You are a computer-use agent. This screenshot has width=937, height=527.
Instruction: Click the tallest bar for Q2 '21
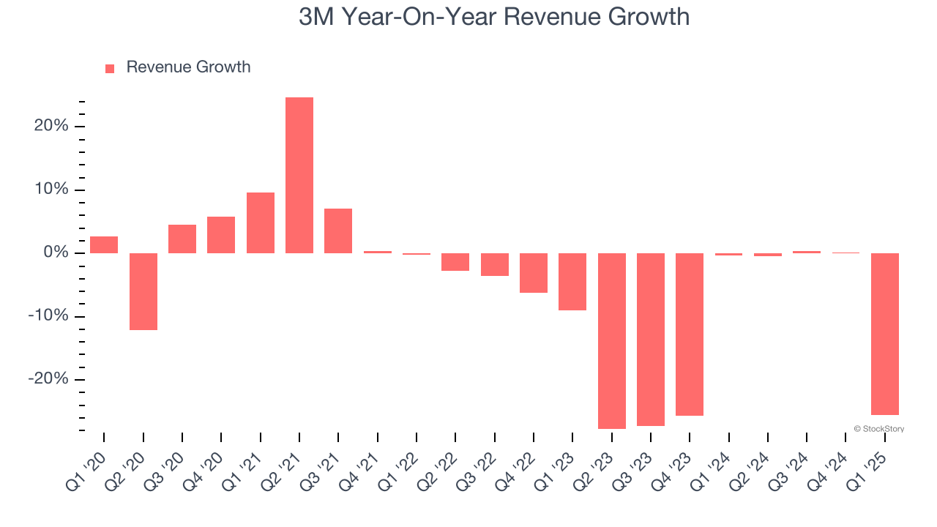pyautogui.click(x=299, y=176)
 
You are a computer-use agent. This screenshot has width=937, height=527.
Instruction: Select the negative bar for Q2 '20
pyautogui.click(x=143, y=291)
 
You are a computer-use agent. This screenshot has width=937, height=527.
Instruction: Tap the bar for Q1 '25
pyautogui.click(x=885, y=334)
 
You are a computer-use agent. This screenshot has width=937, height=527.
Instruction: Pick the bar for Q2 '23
pyautogui.click(x=612, y=340)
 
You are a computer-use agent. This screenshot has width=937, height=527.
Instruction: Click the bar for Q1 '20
pyautogui.click(x=104, y=244)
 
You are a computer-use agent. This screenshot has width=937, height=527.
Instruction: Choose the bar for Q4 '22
pyautogui.click(x=534, y=273)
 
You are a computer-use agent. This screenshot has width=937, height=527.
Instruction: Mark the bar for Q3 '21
pyautogui.click(x=338, y=231)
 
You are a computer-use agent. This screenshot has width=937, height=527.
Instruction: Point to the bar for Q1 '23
pyautogui.click(x=572, y=282)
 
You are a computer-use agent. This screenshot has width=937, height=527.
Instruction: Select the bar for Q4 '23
pyautogui.click(x=690, y=334)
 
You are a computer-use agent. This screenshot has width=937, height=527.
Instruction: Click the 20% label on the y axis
pyautogui.click(x=51, y=126)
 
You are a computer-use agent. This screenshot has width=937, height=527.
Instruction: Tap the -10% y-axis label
pyautogui.click(x=48, y=316)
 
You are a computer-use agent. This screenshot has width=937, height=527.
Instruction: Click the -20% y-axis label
pyautogui.click(x=48, y=379)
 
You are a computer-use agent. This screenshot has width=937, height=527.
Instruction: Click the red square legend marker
pyautogui.click(x=110, y=68)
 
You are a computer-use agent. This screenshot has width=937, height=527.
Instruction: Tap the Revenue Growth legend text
pyautogui.click(x=188, y=67)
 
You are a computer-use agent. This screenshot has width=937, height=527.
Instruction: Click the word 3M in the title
pyautogui.click(x=317, y=17)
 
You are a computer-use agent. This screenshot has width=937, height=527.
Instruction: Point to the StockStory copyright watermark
pyautogui.click(x=878, y=429)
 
